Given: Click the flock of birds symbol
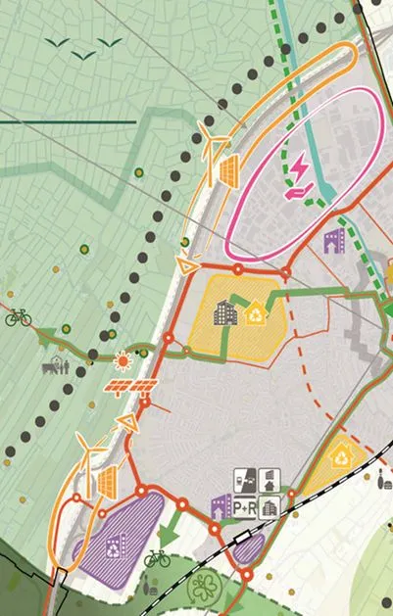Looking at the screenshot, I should coord(84,47).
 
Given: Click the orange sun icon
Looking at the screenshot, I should coord(122,360).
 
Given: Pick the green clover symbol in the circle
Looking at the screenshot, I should coord(206,588).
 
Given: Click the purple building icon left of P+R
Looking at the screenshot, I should coord(221,506).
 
